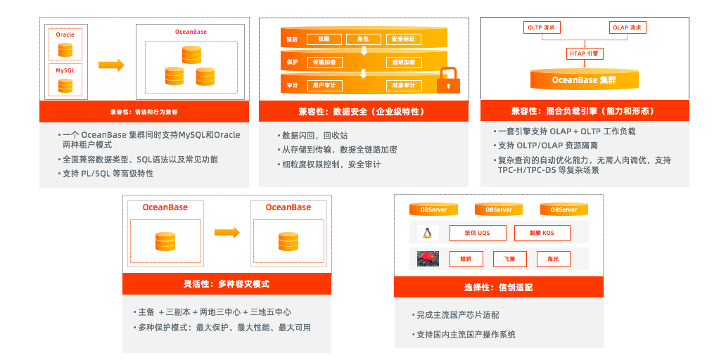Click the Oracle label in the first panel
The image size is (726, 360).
coord(65,34)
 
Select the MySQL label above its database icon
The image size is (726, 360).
coord(65,70)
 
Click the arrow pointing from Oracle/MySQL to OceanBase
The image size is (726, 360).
coord(111,65)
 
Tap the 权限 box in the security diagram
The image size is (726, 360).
coord(324,39)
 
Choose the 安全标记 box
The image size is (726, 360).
coord(403,39)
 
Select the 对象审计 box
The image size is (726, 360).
coord(403,86)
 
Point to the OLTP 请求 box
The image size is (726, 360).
coord(542,28)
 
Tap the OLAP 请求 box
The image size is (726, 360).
coord(628,28)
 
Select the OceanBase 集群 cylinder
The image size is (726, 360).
coord(584,79)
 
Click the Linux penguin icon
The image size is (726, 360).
coord(428,233)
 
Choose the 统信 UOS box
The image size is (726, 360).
coord(478,233)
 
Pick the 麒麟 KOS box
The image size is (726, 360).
coord(542,233)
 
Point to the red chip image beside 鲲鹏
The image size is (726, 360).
coord(428,258)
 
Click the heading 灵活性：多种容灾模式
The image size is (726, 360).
coord(227,284)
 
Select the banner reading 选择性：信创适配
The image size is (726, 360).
coord(499,287)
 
